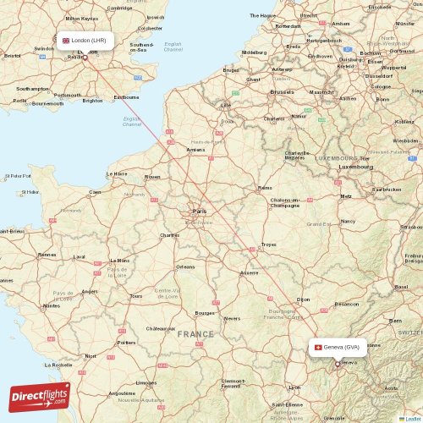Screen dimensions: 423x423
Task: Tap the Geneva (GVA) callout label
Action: pyautogui.click(x=338, y=347)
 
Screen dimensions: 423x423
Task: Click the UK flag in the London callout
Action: pyautogui.click(x=66, y=40)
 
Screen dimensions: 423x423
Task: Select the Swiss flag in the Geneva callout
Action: pyautogui.click(x=317, y=347)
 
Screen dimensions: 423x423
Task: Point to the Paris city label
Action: pyautogui.click(x=201, y=211)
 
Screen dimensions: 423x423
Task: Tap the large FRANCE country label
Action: pyautogui.click(x=195, y=334)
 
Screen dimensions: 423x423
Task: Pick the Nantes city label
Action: pyautogui.click(x=52, y=305)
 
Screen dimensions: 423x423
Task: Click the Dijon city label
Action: pyautogui.click(x=304, y=299)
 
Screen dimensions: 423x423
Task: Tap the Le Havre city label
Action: pyautogui.click(x=116, y=173)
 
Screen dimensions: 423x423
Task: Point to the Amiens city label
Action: pyautogui.click(x=195, y=149)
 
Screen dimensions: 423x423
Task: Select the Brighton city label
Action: pyautogui.click(x=93, y=100)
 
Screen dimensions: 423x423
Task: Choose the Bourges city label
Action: pyautogui.click(x=204, y=313)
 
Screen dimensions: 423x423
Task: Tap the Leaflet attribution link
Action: pyautogui.click(x=411, y=418)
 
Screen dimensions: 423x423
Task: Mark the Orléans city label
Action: pyautogui.click(x=185, y=266)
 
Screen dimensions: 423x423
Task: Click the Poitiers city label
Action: pyautogui.click(x=126, y=342)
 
